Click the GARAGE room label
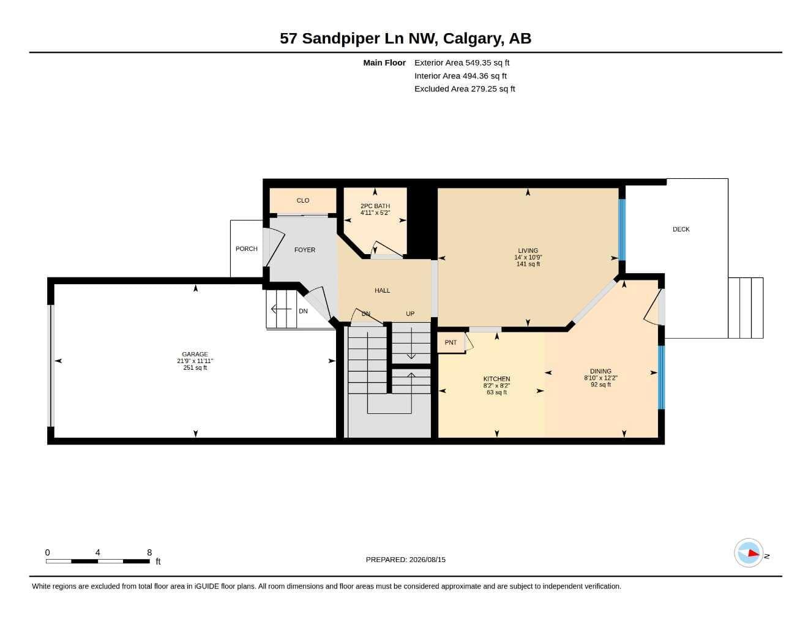click(195, 354)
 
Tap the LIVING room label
click(528, 250)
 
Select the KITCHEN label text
click(496, 379)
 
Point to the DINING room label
click(600, 371)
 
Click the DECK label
click(681, 229)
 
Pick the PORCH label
click(246, 249)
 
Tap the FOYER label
click(305, 250)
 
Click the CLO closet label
click(303, 200)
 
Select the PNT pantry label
click(450, 342)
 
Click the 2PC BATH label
click(375, 206)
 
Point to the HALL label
click(382, 290)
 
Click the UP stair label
click(410, 313)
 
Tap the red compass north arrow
click(753, 553)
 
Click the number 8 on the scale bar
click(149, 552)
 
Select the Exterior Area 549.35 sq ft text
click(462, 62)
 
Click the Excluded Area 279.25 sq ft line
click(465, 89)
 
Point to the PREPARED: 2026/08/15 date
click(405, 560)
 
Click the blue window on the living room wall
click(622, 230)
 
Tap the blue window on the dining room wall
click(661, 377)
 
